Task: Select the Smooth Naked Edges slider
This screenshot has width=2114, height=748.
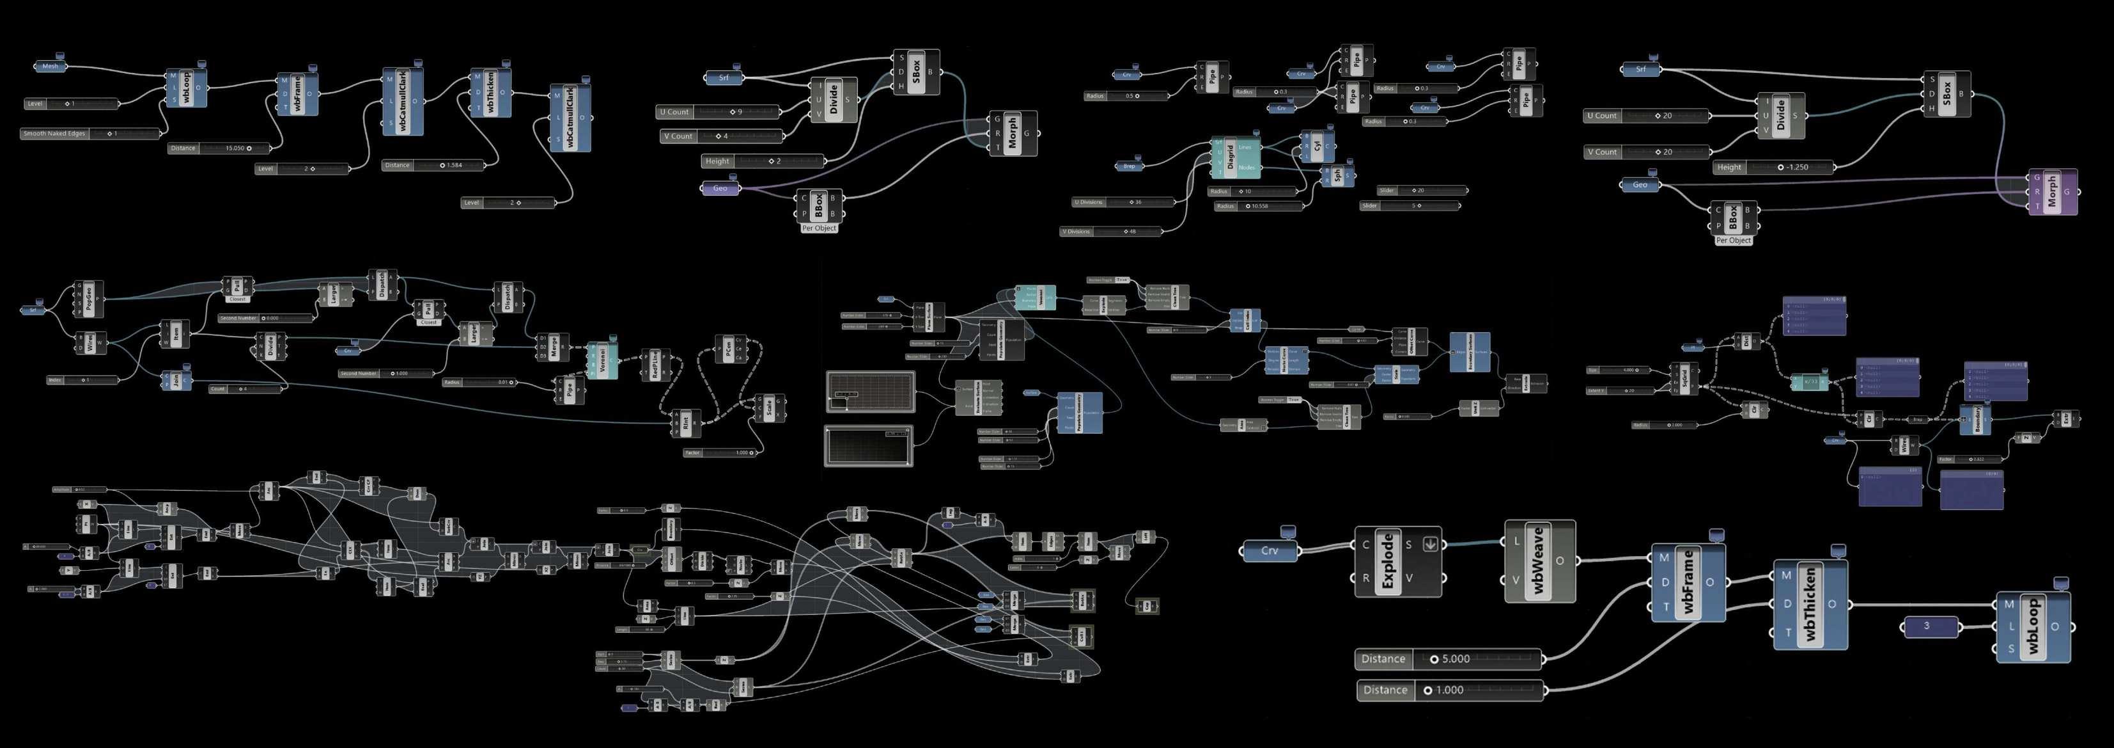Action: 90,133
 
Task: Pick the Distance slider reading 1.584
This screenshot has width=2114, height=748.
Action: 433,165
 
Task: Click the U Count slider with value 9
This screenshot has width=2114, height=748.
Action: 718,112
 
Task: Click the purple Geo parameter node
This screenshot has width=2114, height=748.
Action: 720,188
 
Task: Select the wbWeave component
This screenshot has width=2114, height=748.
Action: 1539,562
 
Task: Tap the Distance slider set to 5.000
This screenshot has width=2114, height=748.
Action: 1449,658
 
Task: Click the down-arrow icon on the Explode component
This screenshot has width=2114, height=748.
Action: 1429,543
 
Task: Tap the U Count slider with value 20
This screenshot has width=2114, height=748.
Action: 1645,116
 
